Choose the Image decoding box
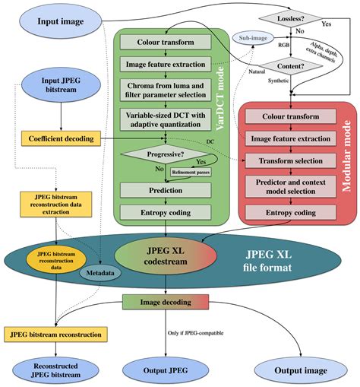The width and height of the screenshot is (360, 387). [x=166, y=302]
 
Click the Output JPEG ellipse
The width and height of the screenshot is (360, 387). [x=166, y=371]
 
